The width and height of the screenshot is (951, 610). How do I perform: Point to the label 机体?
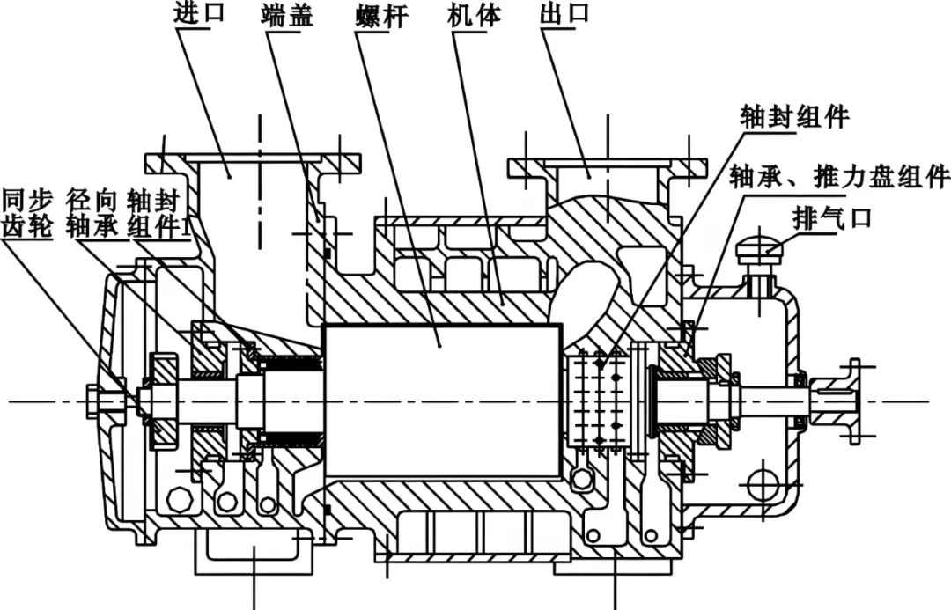[x=466, y=16]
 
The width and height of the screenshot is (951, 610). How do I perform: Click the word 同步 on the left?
[x=28, y=197]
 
